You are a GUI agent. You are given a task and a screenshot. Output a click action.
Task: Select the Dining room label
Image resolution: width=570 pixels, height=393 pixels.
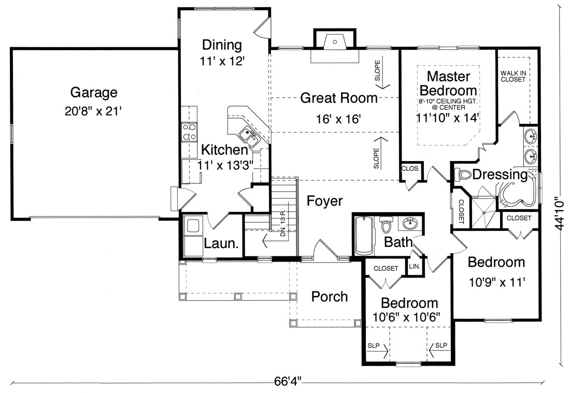point(222,45)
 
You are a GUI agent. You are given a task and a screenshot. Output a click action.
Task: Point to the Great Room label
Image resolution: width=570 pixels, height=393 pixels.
point(339,98)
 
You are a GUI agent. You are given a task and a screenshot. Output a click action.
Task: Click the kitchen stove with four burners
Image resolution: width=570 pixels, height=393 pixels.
point(189,132)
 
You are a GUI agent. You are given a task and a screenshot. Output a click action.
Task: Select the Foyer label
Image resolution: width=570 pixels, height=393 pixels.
point(324,200)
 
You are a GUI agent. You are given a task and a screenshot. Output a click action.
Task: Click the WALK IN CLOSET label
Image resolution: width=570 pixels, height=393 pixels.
point(513,77)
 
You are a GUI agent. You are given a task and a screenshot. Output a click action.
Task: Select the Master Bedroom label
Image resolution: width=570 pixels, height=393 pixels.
point(448,83)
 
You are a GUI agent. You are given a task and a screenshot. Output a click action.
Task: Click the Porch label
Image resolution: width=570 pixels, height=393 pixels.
point(330,296)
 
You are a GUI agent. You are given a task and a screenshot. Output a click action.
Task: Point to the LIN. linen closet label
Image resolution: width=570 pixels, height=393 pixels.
point(415,266)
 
